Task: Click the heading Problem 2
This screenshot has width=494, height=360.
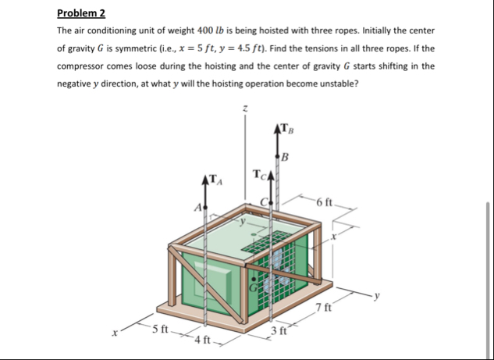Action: coord(81,13)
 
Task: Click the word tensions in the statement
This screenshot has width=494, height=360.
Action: coord(310,48)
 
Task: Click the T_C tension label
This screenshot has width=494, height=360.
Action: coord(261,173)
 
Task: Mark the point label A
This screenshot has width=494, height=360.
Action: coord(197,208)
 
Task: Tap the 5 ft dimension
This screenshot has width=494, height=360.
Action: coord(159,329)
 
